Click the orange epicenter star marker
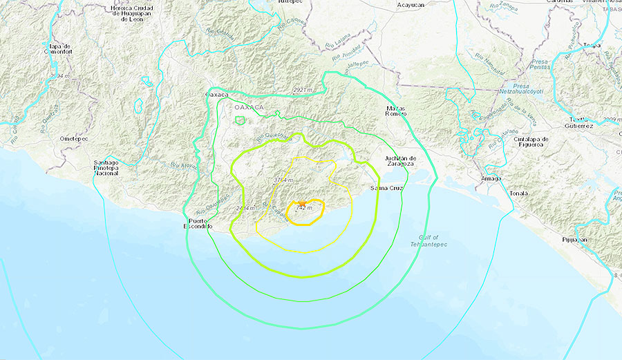[301, 204]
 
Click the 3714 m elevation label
[280, 180]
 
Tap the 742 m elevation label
[303, 208]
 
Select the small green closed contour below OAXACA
[240, 120]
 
